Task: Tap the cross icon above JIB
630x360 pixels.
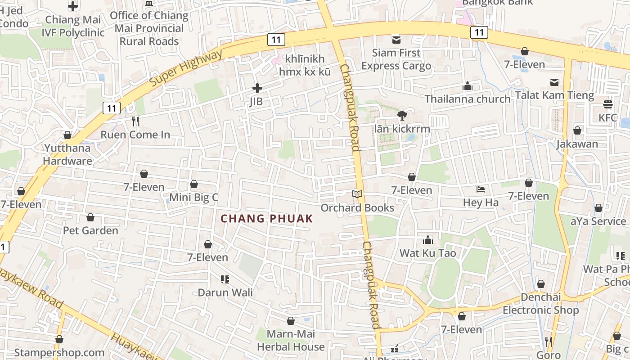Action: click(x=257, y=88)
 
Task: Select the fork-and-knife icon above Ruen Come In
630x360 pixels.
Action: click(x=135, y=121)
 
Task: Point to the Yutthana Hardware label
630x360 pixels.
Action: click(x=67, y=154)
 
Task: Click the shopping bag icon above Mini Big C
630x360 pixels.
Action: click(x=194, y=184)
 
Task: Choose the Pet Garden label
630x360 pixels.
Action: click(x=90, y=230)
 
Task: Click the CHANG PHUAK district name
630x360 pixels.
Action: click(x=266, y=219)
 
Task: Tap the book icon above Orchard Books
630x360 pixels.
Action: click(x=357, y=194)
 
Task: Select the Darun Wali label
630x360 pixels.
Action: click(x=225, y=292)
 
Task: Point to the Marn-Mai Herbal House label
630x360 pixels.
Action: click(x=291, y=341)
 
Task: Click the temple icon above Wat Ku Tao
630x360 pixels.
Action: click(x=428, y=240)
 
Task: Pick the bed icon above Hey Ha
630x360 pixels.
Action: click(x=481, y=189)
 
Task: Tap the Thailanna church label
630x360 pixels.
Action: click(x=468, y=99)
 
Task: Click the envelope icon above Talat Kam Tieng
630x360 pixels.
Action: click(x=554, y=82)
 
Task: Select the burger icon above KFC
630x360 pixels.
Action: click(x=608, y=104)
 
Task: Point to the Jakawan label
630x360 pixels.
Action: click(x=577, y=144)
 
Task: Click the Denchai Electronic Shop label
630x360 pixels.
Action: click(x=541, y=304)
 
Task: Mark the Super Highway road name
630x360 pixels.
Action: click(x=186, y=69)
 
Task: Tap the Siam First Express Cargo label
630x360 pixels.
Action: click(x=396, y=59)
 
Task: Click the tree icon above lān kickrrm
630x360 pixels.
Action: click(x=402, y=116)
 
